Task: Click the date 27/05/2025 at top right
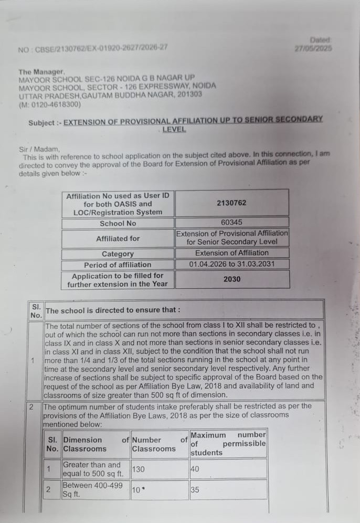[313, 48]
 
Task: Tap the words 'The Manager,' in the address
[41, 71]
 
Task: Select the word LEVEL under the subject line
[174, 129]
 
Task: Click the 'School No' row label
[118, 223]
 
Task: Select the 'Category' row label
[118, 254]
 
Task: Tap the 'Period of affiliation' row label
[118, 265]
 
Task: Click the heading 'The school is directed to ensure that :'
[113, 310]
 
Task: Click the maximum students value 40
[195, 469]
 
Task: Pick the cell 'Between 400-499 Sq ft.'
[92, 490]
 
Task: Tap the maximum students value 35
[195, 490]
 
